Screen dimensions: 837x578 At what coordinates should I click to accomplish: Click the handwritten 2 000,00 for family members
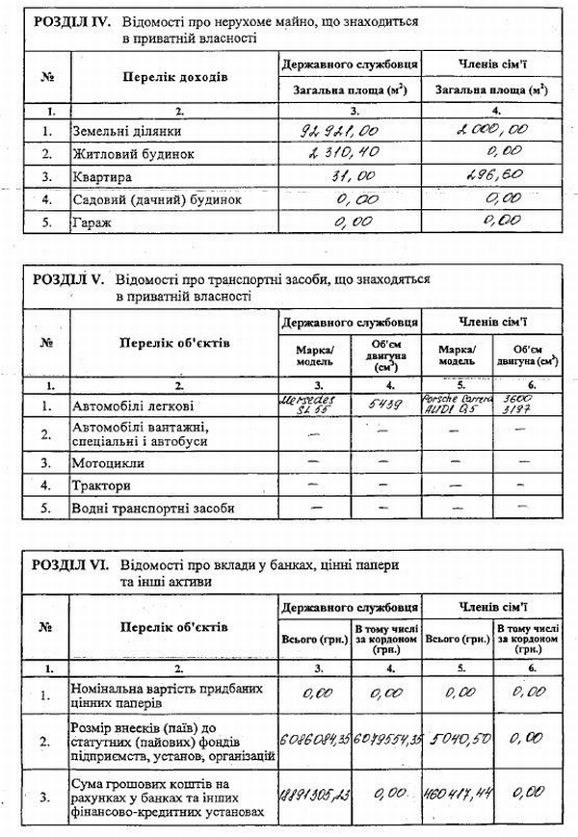pyautogui.click(x=493, y=127)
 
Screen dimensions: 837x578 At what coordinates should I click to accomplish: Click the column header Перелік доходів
pyautogui.click(x=174, y=74)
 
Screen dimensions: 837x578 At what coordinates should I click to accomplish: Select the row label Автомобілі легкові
pyautogui.click(x=132, y=405)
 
